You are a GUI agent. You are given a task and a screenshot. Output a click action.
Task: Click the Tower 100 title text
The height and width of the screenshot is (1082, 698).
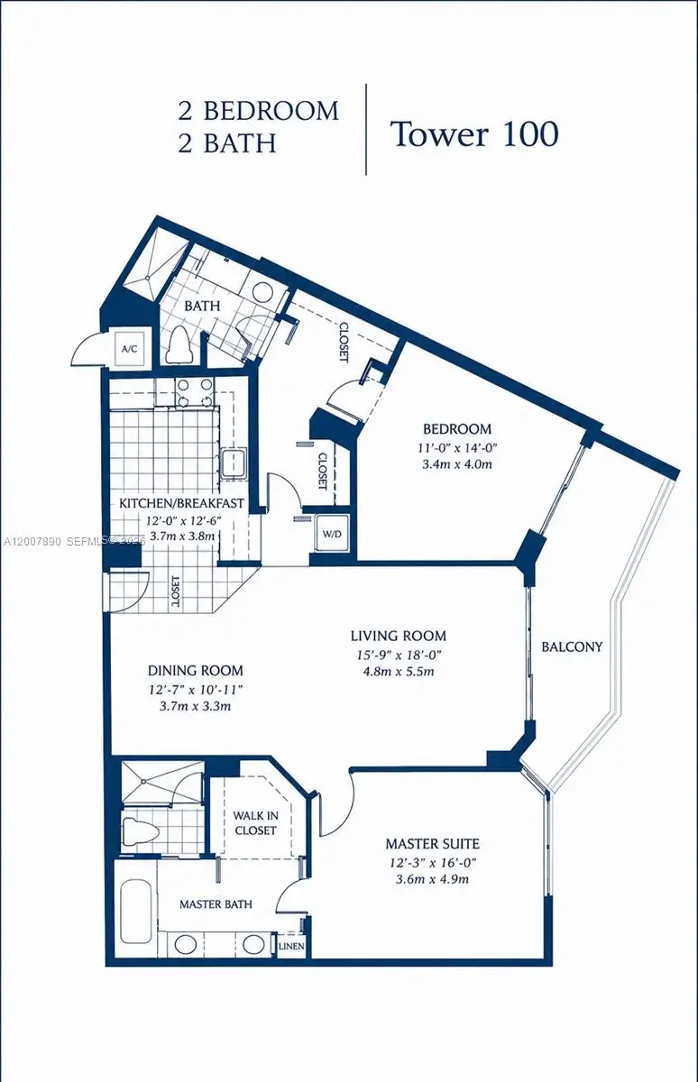pos(473,133)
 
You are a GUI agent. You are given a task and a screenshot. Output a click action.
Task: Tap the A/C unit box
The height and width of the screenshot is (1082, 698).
pos(127,349)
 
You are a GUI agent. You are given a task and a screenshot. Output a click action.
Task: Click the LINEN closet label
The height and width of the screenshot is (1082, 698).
pos(290,947)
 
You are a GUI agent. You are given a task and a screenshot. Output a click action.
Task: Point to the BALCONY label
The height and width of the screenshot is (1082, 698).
pos(572,646)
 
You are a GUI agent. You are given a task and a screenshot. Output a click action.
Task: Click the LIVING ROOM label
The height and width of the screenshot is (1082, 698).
pos(398,636)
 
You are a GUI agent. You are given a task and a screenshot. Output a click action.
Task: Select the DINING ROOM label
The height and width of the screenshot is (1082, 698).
pos(196,670)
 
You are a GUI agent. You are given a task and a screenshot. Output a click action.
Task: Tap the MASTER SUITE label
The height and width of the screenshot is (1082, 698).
pos(432,844)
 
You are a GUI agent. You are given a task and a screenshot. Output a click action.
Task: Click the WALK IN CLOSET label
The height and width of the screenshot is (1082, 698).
pos(254,822)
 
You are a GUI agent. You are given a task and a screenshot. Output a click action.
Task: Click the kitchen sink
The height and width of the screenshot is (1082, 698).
pos(234,463)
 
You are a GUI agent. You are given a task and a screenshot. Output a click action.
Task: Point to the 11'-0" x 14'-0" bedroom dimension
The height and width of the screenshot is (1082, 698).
pos(458,447)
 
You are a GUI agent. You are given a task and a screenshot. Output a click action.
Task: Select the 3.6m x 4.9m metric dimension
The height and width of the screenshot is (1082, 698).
pos(432,880)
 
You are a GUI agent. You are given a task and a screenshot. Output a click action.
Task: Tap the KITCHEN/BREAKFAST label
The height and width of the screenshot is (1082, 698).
pos(181,503)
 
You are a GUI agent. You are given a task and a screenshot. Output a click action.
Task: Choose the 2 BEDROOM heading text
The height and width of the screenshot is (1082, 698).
pos(259,111)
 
